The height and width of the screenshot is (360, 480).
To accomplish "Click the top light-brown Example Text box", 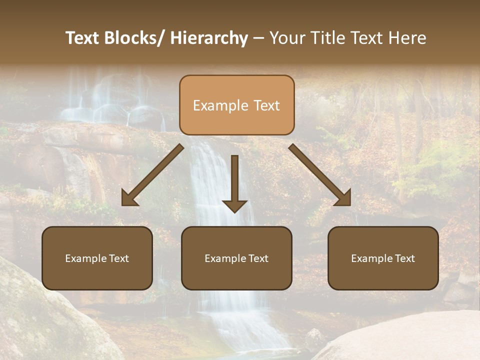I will (236, 105).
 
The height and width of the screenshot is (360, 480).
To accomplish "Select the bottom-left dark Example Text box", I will (97, 258).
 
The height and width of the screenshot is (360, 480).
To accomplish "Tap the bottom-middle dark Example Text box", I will (236, 258).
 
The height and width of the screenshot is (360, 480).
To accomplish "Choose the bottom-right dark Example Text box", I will (383, 258).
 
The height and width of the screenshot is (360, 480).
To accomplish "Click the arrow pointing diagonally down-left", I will (152, 175).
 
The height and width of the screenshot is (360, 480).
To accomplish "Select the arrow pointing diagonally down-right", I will (320, 175).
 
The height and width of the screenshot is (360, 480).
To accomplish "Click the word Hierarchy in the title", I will (209, 38).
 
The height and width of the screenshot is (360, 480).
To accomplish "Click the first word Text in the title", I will (82, 38).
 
